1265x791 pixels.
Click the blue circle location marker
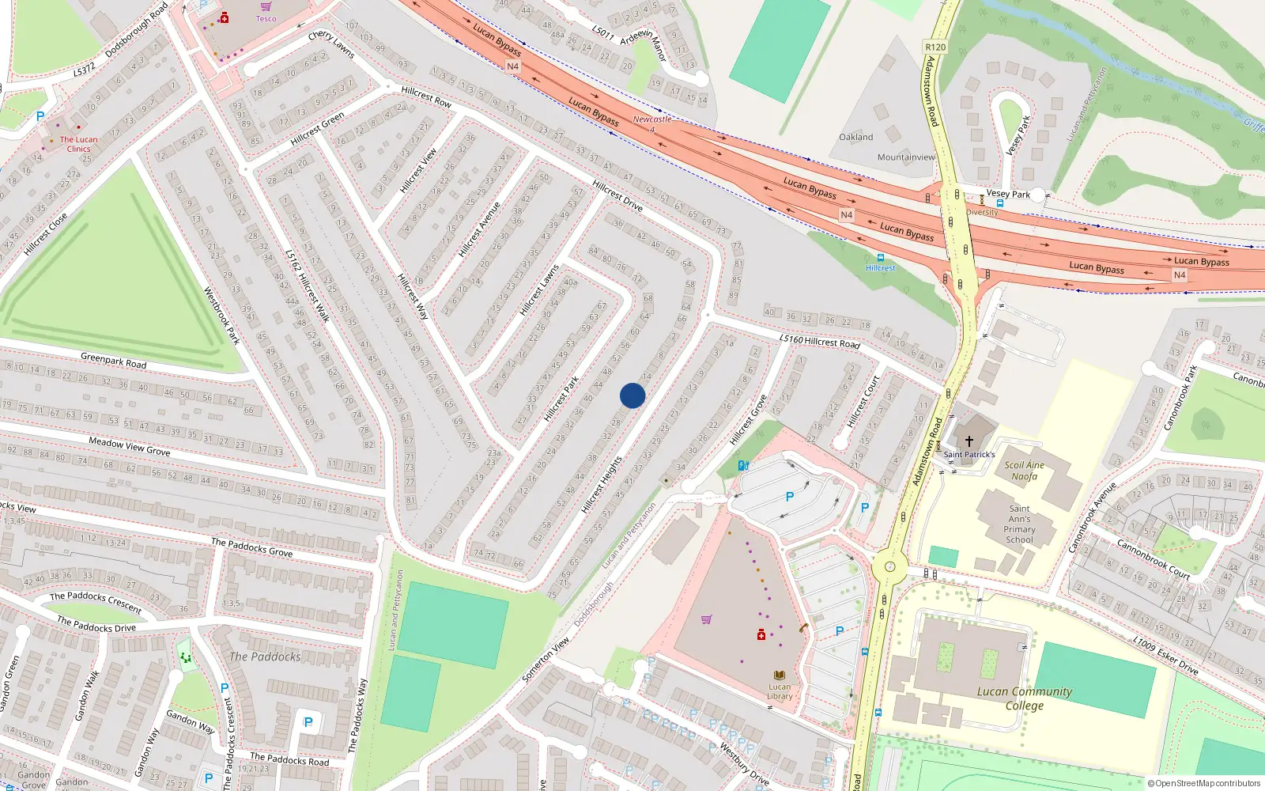(632, 395)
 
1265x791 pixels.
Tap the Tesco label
(266, 19)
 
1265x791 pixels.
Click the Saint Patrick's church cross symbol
(969, 441)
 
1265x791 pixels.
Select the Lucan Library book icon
(780, 675)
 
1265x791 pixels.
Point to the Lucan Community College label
(1025, 698)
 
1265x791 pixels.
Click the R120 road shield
(935, 47)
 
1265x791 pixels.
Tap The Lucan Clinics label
(78, 144)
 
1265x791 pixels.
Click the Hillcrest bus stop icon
(880, 258)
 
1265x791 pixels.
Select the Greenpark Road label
(113, 361)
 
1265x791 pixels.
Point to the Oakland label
(856, 137)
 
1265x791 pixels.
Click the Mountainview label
(906, 157)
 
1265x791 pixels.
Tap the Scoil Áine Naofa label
(1024, 471)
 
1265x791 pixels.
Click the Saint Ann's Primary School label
(1019, 524)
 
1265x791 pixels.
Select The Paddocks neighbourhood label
(265, 657)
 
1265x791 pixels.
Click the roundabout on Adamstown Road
(890, 566)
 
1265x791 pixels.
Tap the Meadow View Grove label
(129, 446)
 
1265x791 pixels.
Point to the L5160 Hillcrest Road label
(819, 341)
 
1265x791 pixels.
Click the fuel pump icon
(743, 466)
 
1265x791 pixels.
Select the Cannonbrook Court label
(1153, 559)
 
